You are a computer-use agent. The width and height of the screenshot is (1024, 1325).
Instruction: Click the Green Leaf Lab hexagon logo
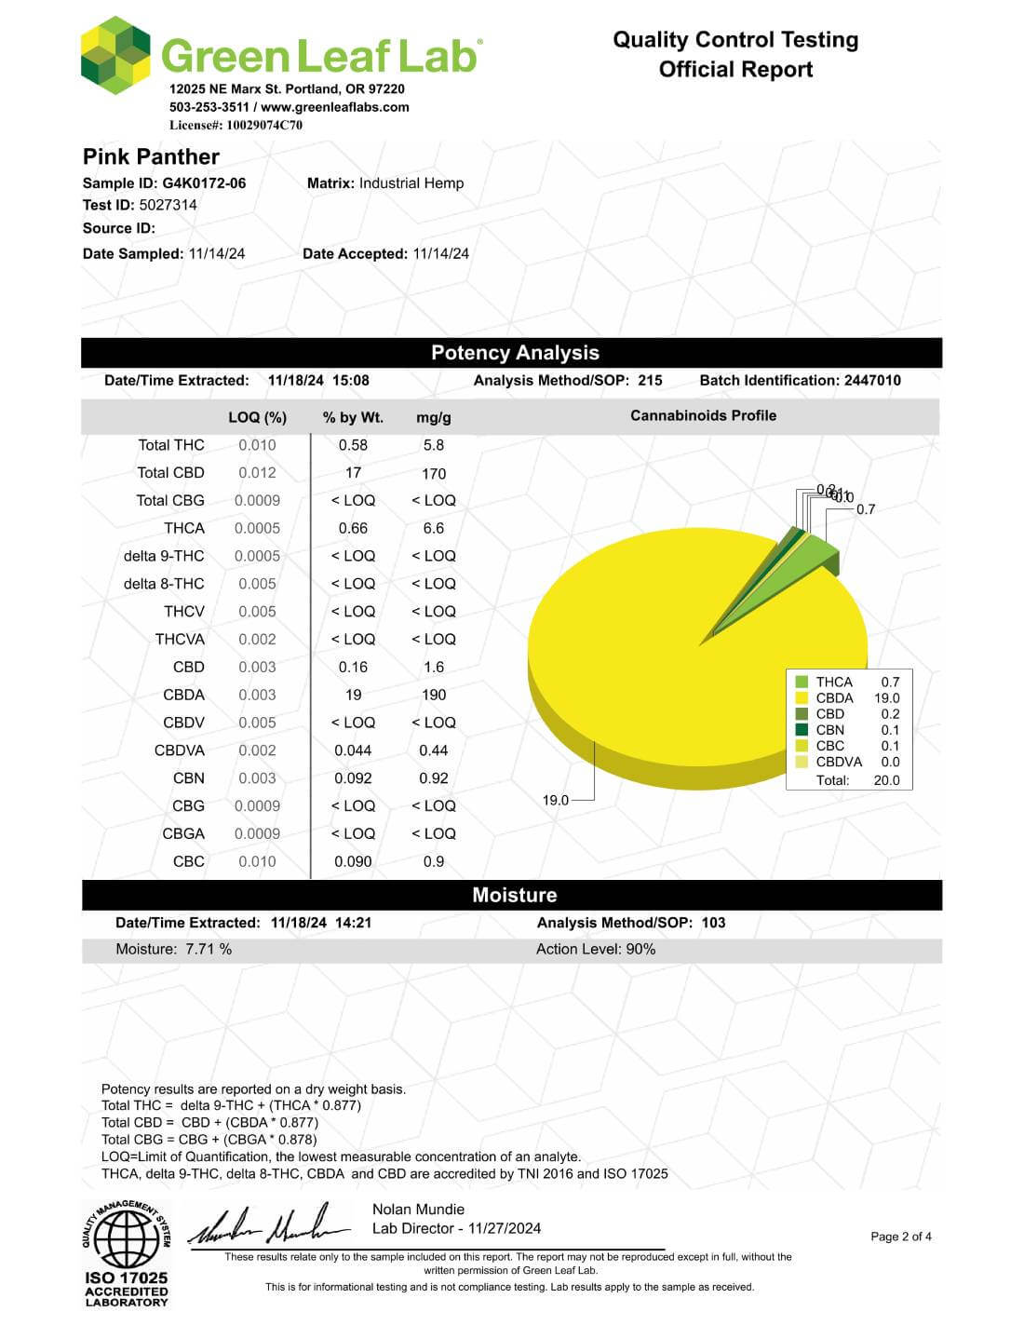[115, 55]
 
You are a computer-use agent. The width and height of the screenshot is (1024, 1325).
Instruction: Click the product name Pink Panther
[151, 156]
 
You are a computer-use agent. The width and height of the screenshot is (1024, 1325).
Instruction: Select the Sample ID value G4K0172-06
[204, 183]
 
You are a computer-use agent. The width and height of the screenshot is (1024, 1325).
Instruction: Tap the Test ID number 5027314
[168, 205]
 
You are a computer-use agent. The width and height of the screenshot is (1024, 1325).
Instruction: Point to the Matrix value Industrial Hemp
[411, 183]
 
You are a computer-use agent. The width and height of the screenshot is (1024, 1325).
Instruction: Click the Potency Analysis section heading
[515, 353]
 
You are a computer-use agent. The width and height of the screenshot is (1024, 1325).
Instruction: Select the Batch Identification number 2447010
[872, 380]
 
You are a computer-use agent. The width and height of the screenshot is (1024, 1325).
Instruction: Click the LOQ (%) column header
[257, 417]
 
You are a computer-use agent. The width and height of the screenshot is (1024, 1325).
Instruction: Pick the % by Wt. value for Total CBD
[353, 473]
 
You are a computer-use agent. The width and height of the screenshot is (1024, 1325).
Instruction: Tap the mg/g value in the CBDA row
[434, 695]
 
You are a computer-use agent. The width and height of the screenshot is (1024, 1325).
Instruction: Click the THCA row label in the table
[184, 528]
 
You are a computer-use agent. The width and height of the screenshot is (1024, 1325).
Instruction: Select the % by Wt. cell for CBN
[353, 778]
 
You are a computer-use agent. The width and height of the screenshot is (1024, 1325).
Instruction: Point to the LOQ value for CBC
[257, 861]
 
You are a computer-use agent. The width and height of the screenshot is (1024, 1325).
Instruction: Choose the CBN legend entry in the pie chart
[829, 730]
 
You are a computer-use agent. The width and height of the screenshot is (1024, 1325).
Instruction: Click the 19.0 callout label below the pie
[555, 800]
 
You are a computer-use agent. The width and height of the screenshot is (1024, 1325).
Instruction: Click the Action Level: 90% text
[596, 949]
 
